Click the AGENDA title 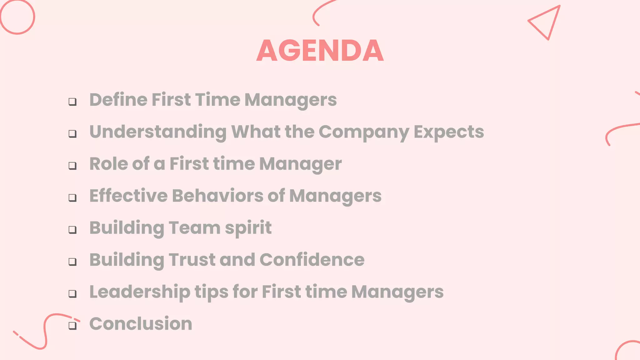320,50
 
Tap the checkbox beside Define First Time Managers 72,102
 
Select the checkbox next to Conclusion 72,325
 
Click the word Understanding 158,132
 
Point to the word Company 364,132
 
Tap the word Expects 449,132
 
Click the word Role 108,164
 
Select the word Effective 128,196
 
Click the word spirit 248,228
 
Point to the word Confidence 312,260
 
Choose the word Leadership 140,292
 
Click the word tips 212,292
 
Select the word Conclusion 141,324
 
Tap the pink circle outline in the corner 17,17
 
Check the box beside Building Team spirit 72,230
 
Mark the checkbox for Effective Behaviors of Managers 72,197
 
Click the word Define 118,100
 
